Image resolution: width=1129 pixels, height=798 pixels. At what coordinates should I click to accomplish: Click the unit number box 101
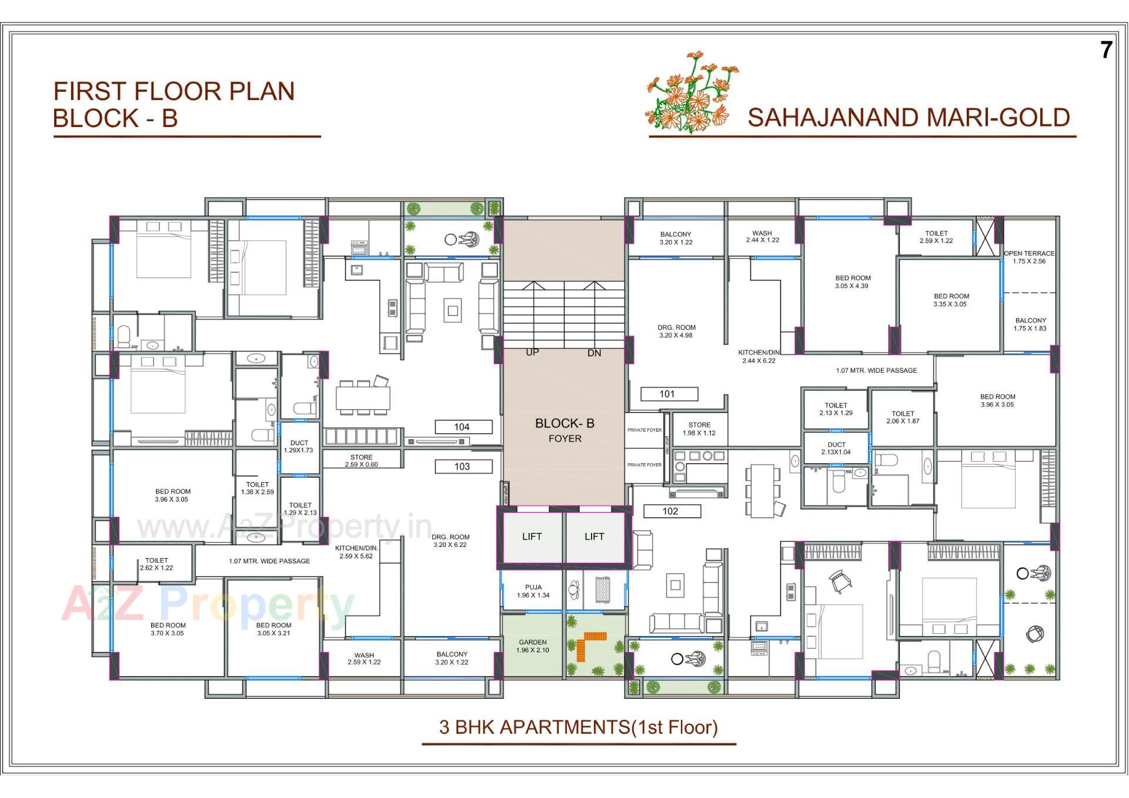(669, 394)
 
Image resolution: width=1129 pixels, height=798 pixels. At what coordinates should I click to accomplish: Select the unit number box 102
(671, 511)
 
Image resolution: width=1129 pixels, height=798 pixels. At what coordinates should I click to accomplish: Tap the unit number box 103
(463, 466)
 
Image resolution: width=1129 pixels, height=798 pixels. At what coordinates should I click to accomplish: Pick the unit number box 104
(463, 427)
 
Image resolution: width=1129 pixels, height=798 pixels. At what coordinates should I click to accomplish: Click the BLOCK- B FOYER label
(564, 430)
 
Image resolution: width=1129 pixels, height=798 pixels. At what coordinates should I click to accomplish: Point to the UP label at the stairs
(532, 352)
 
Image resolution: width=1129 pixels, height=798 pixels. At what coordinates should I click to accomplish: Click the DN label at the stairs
(594, 353)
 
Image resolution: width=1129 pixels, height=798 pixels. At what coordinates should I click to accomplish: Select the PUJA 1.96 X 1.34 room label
(533, 591)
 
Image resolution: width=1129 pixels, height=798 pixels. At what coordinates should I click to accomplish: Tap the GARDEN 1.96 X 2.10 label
(533, 646)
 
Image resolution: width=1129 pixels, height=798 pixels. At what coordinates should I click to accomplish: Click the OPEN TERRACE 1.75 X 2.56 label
(1029, 257)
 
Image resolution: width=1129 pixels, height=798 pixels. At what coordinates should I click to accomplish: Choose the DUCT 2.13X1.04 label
(836, 448)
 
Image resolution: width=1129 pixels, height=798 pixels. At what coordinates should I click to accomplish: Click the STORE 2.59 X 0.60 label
(361, 460)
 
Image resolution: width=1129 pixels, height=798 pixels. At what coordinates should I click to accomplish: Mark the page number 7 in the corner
(1106, 51)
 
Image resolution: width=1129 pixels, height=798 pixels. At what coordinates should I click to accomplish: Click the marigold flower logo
(692, 93)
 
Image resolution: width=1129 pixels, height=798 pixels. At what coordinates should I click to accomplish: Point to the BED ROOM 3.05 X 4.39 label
(853, 282)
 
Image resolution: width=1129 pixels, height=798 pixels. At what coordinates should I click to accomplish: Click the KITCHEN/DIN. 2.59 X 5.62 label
(356, 552)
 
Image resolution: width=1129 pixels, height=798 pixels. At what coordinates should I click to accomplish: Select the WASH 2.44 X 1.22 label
(762, 236)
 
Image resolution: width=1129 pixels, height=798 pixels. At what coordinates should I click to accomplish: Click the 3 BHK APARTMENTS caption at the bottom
(579, 727)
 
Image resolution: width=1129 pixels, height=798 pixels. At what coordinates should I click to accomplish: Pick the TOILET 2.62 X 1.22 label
(156, 564)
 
